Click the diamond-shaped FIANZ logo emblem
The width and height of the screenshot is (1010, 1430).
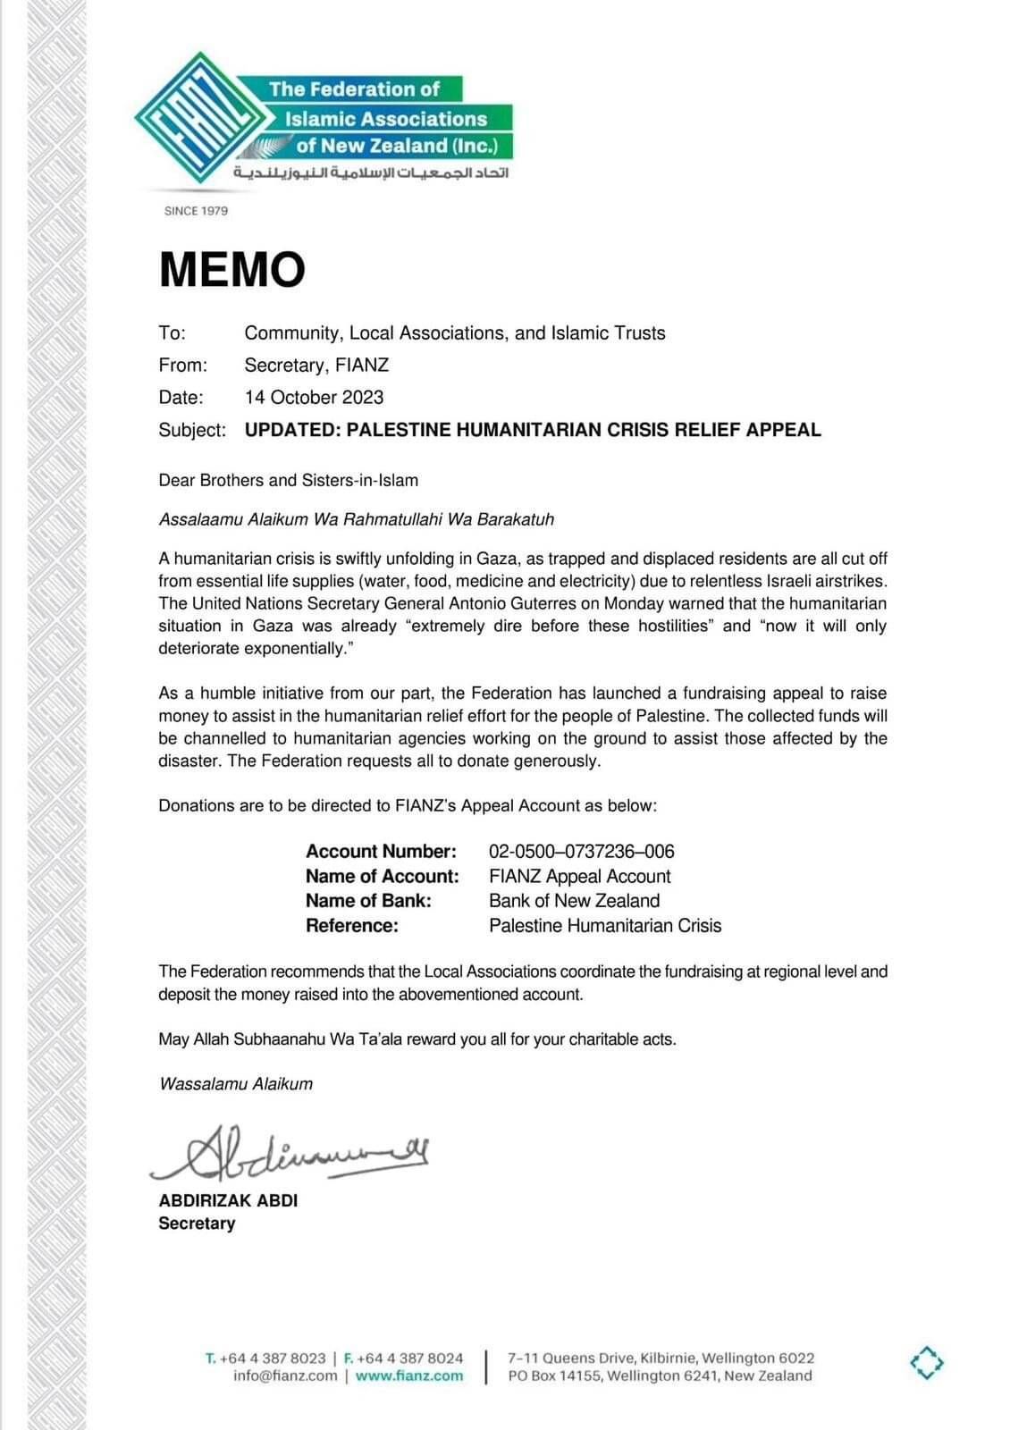point(199,119)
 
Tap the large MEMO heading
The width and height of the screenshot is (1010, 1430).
point(232,269)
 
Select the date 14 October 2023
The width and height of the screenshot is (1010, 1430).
point(314,397)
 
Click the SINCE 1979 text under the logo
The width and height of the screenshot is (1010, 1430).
point(196,211)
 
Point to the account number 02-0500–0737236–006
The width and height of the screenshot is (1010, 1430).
point(581,851)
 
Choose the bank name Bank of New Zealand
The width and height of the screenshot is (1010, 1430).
point(574,901)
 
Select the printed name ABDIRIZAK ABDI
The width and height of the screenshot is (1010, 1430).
point(228,1200)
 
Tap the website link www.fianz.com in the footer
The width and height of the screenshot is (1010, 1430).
point(409,1376)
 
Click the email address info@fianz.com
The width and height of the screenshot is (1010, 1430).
point(285,1376)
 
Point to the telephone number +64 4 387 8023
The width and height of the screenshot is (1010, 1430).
point(273,1358)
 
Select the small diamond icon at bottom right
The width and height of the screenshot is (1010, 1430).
point(927,1363)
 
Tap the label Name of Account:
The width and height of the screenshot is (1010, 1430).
point(382,876)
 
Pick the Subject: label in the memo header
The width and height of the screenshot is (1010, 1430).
point(192,430)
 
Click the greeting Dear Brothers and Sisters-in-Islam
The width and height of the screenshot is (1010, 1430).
point(288,480)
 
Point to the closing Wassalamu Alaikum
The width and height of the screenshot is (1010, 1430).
point(236,1084)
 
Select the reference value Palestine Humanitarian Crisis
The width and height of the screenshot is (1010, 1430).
point(605,926)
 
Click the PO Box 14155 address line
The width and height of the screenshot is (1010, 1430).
point(660,1376)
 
